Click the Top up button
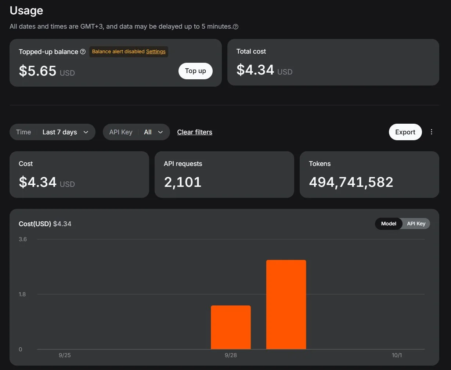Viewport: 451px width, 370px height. (x=195, y=71)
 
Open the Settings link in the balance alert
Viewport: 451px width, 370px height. (x=156, y=51)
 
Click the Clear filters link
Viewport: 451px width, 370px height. (x=195, y=132)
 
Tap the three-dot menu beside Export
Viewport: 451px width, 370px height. (x=432, y=132)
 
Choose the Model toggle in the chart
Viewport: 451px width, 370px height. (x=389, y=224)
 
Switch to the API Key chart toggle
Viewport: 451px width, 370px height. (x=416, y=224)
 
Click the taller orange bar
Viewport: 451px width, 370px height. (x=286, y=305)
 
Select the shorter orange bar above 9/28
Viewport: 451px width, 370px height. (x=231, y=327)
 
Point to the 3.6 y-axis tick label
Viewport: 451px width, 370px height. (x=23, y=239)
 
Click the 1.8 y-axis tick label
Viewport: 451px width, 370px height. (x=22, y=294)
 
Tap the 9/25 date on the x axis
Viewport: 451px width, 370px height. (x=65, y=355)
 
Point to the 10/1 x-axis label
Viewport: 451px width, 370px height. (x=397, y=355)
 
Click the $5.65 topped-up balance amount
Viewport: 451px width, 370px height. (x=37, y=71)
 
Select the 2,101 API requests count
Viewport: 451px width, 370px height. (x=183, y=182)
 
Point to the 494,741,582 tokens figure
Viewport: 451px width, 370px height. (x=351, y=182)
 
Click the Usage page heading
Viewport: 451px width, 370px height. (x=26, y=11)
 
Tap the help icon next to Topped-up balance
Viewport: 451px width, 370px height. (x=83, y=51)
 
